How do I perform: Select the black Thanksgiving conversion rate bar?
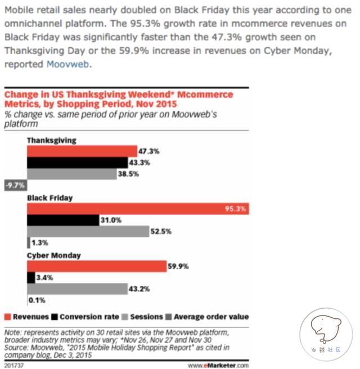76,163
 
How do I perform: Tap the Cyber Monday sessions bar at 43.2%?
76,289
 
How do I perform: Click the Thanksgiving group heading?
51,140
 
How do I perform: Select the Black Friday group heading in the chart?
50,198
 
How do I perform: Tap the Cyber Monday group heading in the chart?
54,255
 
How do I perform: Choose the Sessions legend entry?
143,317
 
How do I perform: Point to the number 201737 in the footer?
13,364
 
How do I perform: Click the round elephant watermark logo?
326,332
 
